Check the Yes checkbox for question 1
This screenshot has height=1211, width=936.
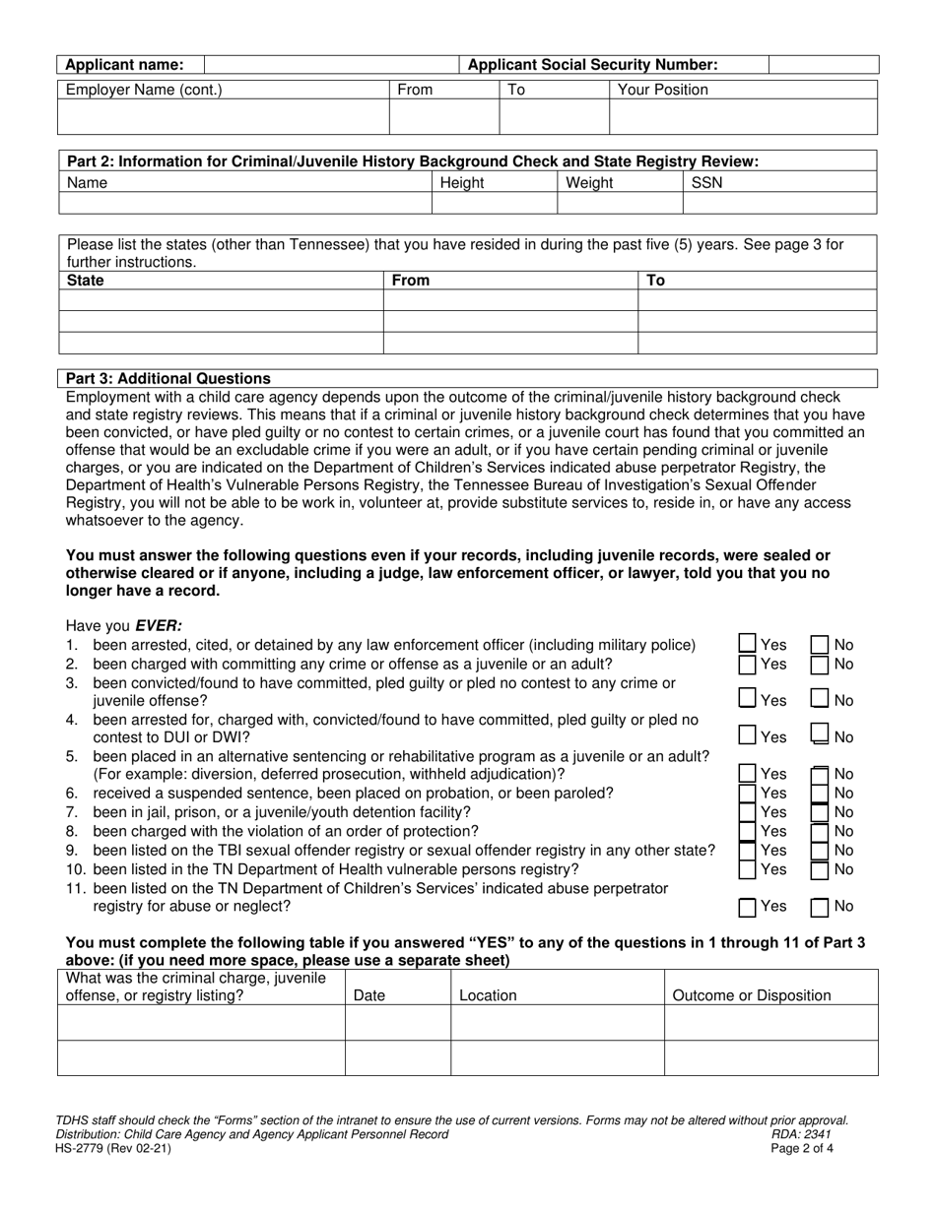(748, 645)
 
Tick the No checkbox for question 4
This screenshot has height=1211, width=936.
(819, 735)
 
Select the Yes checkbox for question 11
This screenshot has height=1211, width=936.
(748, 907)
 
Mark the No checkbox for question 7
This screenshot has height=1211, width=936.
(819, 812)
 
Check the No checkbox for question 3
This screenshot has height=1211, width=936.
(819, 699)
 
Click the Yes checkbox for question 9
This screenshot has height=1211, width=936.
(748, 850)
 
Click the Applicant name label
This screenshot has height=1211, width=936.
(124, 65)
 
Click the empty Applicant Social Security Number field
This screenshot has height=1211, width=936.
(822, 65)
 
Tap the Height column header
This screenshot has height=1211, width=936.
(462, 182)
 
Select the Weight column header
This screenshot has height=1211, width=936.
(589, 182)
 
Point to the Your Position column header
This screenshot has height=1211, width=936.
(662, 90)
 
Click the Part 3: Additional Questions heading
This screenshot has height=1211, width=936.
(167, 378)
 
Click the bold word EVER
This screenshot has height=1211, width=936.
(159, 625)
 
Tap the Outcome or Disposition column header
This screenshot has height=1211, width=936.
(751, 995)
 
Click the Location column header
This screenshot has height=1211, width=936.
(488, 995)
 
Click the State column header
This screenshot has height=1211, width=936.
(85, 281)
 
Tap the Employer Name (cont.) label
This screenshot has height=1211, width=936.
(144, 90)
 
